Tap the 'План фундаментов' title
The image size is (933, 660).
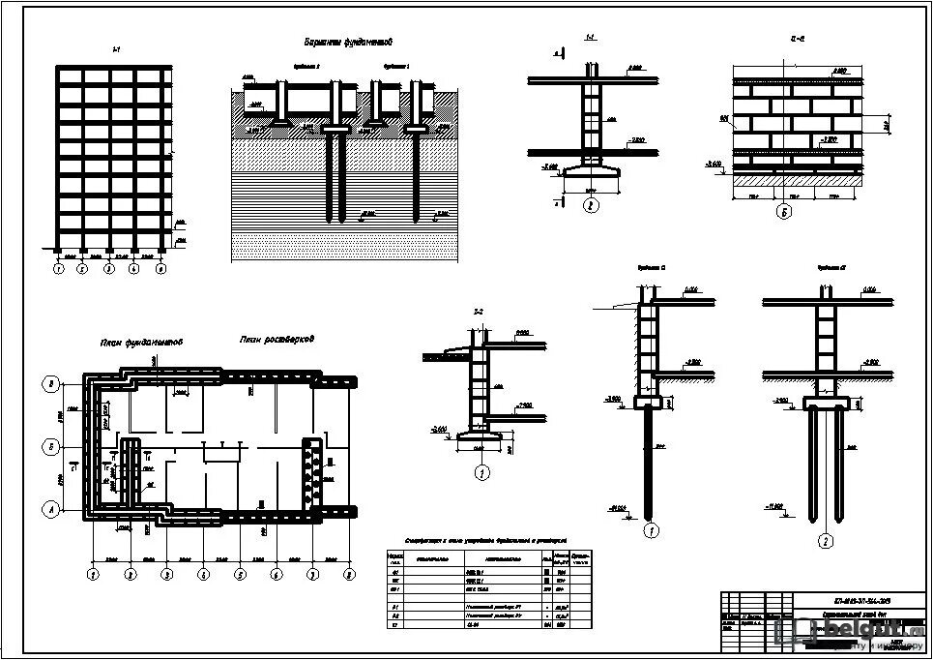tap(142, 343)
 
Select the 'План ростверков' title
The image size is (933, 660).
tap(277, 340)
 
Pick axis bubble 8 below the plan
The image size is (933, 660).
tap(349, 575)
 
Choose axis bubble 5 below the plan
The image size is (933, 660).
tap(239, 575)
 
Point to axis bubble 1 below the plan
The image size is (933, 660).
tap(93, 575)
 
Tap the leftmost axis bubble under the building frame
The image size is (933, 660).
tap(58, 269)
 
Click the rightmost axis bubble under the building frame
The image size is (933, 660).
tap(161, 269)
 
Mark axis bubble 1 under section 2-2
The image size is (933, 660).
tap(481, 473)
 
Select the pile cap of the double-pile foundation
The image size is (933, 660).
tap(825, 401)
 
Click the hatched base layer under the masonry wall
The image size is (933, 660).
tap(797, 180)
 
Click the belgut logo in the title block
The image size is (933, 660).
tap(851, 632)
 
